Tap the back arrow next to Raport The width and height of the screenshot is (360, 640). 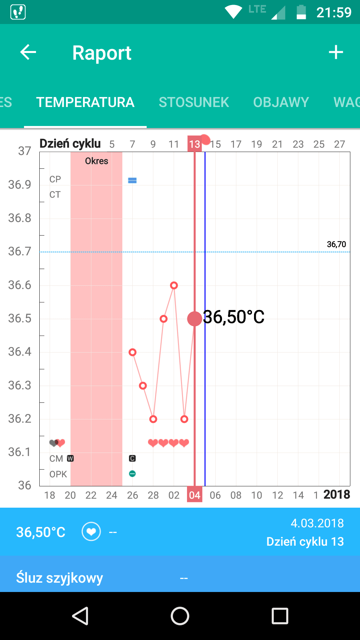tap(28, 52)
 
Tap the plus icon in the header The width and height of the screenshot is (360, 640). tap(336, 52)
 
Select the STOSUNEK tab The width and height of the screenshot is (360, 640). tap(194, 102)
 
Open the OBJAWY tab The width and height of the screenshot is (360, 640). tap(281, 102)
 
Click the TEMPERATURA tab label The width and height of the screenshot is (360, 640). tap(85, 102)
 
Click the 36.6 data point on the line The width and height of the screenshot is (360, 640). tap(174, 285)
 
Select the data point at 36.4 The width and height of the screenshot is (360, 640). tap(132, 352)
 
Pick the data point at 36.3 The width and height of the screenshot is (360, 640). tap(143, 386)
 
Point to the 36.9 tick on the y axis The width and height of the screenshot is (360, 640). tap(20, 184)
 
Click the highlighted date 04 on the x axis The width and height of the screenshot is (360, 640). tap(195, 495)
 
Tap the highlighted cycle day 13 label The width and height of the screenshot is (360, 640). tap(195, 144)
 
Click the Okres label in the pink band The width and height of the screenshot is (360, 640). tap(97, 161)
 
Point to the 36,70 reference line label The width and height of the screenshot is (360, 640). tap(336, 244)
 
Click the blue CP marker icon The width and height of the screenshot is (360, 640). tap(132, 180)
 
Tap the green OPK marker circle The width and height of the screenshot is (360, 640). tap(132, 474)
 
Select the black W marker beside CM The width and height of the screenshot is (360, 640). tap(70, 458)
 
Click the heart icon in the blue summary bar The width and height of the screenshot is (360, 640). tap(91, 532)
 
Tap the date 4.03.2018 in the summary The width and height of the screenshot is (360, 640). tap(317, 523)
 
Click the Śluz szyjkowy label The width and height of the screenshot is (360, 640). tap(60, 578)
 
